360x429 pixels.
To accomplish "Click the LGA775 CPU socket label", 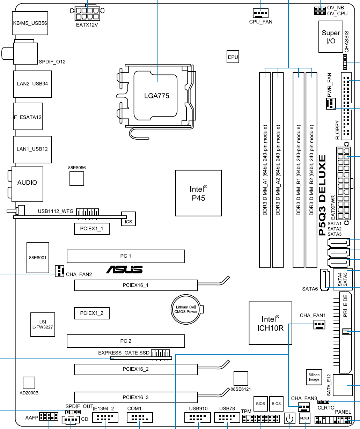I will pyautogui.click(x=157, y=95).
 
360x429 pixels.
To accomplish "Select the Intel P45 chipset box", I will pyautogui.click(x=198, y=193).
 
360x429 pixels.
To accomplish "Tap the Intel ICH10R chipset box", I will pyautogui.click(x=270, y=323).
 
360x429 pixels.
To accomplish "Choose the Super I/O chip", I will pyautogui.click(x=330, y=37).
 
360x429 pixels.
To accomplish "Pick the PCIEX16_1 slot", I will pyautogui.click(x=135, y=285).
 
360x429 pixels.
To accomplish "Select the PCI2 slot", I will pyautogui.click(x=126, y=341).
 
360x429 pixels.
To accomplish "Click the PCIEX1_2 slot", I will pyautogui.click(x=91, y=313).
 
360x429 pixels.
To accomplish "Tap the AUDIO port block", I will pyautogui.click(x=27, y=183).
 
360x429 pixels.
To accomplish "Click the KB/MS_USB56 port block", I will pyautogui.click(x=30, y=23).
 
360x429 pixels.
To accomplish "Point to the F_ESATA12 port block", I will pyautogui.click(x=28, y=117).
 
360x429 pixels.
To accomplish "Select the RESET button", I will pyautogui.click(x=304, y=418).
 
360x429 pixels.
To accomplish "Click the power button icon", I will pyautogui.click(x=290, y=418).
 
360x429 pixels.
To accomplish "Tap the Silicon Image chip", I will pyautogui.click(x=314, y=377).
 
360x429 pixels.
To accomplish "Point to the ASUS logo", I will pyautogui.click(x=125, y=269).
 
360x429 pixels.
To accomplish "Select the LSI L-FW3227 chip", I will pyautogui.click(x=42, y=324).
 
